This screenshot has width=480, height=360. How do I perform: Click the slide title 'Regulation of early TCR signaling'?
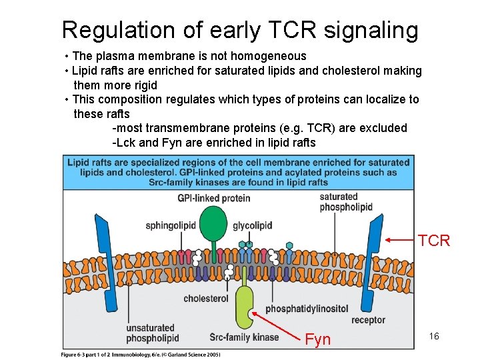(240, 29)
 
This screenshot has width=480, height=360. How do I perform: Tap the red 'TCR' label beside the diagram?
(434, 241)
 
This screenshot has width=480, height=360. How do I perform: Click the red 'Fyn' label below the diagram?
(317, 340)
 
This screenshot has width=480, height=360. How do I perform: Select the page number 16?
(434, 336)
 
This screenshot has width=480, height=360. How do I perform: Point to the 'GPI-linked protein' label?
(214, 198)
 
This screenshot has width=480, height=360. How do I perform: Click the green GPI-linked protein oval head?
(213, 222)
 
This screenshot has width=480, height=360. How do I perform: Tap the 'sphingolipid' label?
(171, 225)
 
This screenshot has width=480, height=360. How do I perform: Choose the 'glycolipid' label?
(253, 225)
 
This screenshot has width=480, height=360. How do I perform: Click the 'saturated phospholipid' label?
(346, 201)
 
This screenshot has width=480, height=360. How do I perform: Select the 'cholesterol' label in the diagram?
(206, 299)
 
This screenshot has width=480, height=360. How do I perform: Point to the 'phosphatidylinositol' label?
(307, 309)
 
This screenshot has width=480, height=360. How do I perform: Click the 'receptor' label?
(368, 320)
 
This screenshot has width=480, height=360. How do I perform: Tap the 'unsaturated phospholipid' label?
(151, 332)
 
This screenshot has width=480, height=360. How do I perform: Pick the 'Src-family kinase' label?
(244, 337)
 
